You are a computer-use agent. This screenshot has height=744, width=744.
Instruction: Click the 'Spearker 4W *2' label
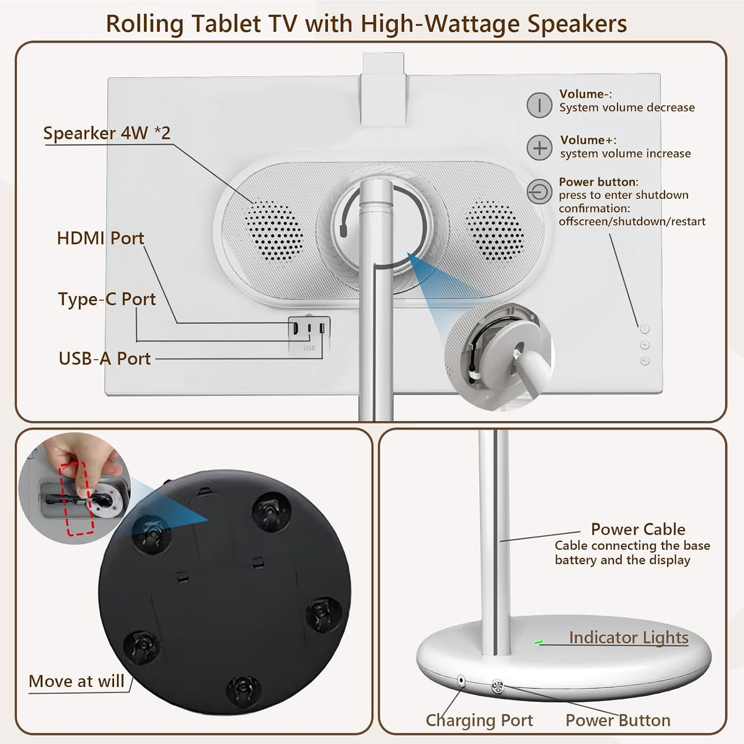click(107, 133)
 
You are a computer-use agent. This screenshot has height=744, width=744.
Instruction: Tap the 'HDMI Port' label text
click(100, 238)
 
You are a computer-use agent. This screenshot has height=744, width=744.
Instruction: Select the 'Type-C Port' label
click(107, 299)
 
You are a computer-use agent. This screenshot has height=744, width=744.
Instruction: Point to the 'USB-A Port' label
click(105, 359)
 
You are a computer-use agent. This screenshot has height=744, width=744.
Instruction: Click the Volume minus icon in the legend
click(539, 105)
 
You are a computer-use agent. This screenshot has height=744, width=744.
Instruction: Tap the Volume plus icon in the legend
click(539, 148)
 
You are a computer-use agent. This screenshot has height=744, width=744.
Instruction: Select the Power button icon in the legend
click(539, 192)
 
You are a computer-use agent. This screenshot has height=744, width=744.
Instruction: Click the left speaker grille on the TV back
click(273, 231)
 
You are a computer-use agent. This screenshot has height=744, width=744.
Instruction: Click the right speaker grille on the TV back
click(495, 230)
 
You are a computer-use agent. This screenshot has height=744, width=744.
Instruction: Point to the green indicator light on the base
click(538, 642)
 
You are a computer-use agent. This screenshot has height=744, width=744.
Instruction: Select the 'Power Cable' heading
click(638, 529)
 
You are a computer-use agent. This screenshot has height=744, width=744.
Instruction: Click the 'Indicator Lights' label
click(629, 637)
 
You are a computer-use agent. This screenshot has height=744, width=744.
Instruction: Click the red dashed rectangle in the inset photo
click(76, 498)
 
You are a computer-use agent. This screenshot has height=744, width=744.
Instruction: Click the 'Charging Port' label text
click(479, 720)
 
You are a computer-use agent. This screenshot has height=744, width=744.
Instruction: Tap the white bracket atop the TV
click(384, 89)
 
